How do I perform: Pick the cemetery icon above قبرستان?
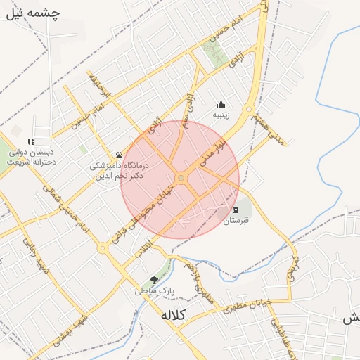click(236, 210)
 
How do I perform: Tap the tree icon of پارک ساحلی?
click(154, 280)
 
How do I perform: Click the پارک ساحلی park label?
click(154, 290)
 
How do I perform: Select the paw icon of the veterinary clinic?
click(118, 155)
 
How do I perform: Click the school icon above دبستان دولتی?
click(31, 142)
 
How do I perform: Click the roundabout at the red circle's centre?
click(181, 179)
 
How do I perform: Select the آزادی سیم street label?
click(188, 107)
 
